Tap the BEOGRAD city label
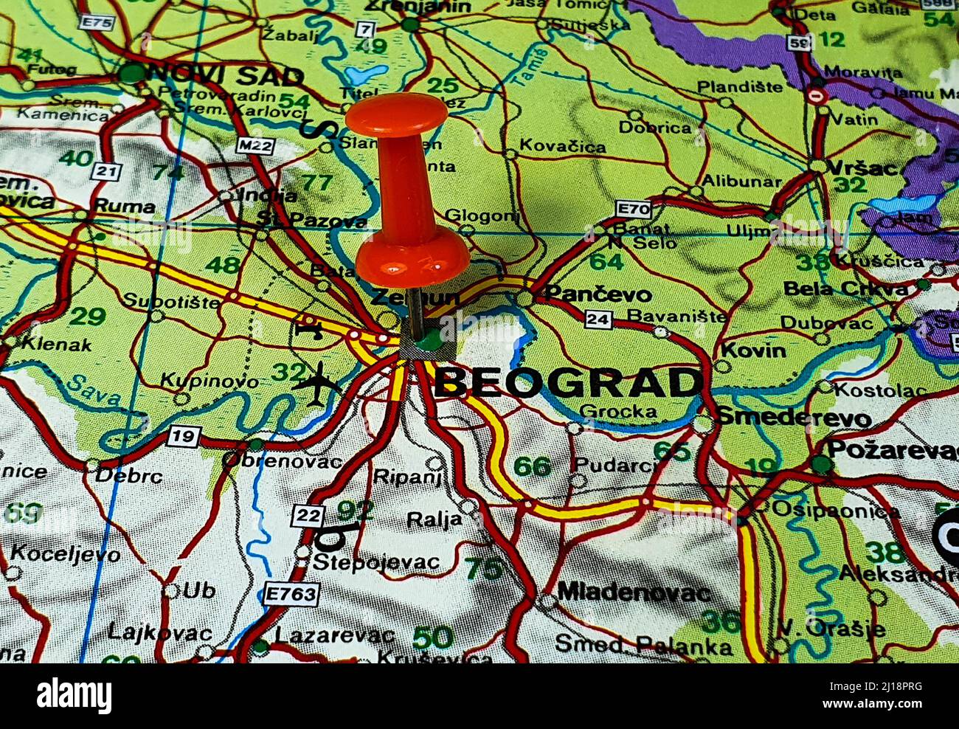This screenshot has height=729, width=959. click(x=568, y=383)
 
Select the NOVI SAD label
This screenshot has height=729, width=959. click(x=226, y=75)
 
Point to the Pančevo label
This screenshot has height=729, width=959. click(x=598, y=294)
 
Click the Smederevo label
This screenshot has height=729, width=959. click(x=794, y=417)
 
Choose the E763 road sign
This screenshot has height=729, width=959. click(x=292, y=594)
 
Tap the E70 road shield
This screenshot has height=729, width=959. click(x=634, y=210)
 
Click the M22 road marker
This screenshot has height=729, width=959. click(x=255, y=145)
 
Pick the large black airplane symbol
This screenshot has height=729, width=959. click(x=317, y=384)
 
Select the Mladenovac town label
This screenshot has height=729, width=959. click(x=634, y=592)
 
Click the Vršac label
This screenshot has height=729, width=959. click(x=862, y=168)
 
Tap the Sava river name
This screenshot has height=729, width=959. click(x=94, y=389)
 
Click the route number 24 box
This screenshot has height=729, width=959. click(x=599, y=319)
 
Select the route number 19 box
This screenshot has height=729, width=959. click(x=183, y=436)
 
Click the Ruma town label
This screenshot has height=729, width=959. click(x=125, y=206)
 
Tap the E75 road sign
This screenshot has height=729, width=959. click(x=97, y=23)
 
